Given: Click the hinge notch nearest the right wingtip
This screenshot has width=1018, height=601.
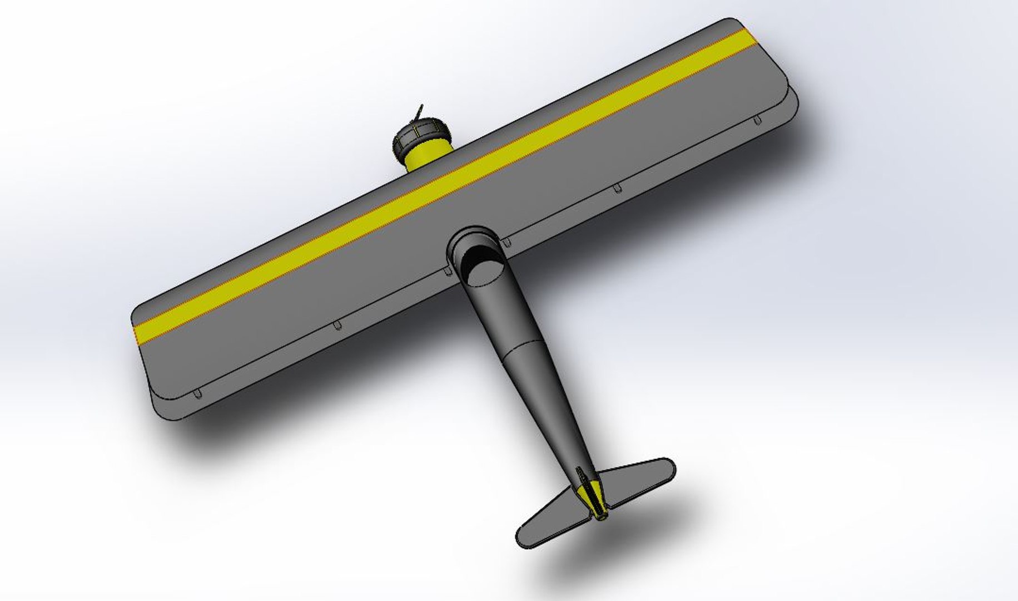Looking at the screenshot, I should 757,120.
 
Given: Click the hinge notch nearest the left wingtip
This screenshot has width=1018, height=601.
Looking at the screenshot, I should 197,394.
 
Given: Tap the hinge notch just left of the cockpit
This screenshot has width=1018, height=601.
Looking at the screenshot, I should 448,271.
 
